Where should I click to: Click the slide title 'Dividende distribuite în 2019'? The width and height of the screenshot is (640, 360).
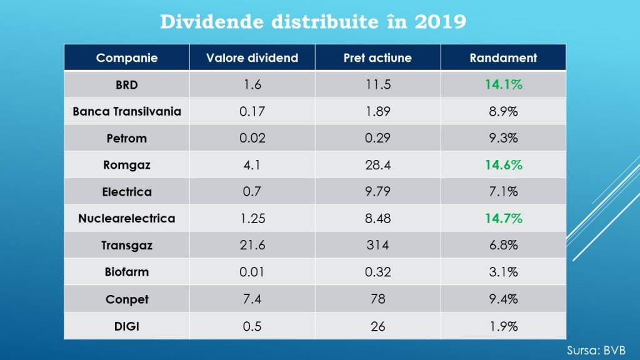[x=313, y=22]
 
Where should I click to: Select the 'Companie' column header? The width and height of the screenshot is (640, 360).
[x=127, y=58]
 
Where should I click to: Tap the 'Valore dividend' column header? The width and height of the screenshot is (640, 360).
[x=252, y=58]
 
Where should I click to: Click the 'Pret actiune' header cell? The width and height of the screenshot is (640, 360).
[x=377, y=58]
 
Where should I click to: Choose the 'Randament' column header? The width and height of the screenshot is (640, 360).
[x=503, y=58]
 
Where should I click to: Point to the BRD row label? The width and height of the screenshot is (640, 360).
[x=127, y=85]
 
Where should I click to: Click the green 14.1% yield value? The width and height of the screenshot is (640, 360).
[x=503, y=85]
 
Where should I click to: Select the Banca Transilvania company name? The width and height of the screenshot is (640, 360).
[x=127, y=112]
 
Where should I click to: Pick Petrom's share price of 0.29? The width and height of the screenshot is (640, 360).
[x=377, y=138]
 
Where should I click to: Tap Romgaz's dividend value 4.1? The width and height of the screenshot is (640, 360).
[x=252, y=165]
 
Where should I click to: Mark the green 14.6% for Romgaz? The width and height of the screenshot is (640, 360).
[x=503, y=165]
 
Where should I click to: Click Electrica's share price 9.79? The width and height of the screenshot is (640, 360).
[x=377, y=192]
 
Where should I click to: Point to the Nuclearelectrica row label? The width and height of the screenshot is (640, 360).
[x=127, y=219]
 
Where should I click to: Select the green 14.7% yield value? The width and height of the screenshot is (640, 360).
[x=503, y=219]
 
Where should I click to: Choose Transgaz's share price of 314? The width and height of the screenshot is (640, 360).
[x=377, y=246]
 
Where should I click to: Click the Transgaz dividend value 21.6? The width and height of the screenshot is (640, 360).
[x=252, y=246]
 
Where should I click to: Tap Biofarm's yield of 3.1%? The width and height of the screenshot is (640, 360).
[x=503, y=272]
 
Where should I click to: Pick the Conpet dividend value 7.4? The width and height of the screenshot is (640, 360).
[x=252, y=299]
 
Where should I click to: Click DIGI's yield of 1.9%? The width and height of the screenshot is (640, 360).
[x=503, y=326]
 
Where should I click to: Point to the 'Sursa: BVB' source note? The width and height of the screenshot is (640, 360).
[x=596, y=350]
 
